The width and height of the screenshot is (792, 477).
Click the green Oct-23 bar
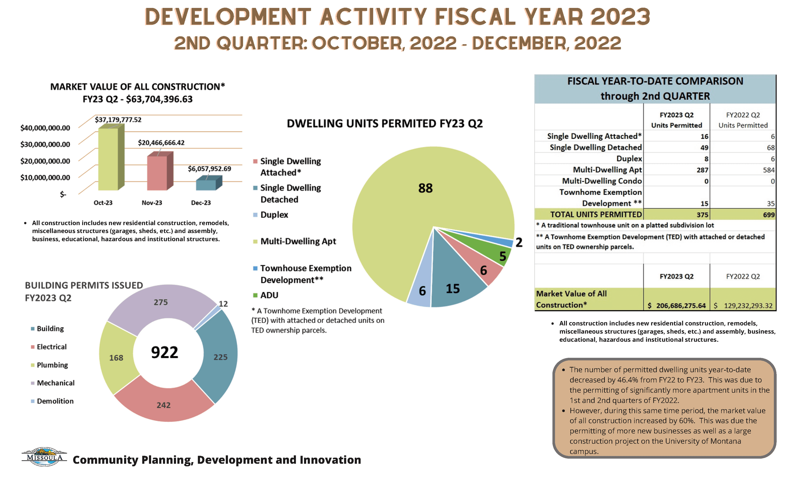[x=108, y=159]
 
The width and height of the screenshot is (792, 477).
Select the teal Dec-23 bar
[x=206, y=185]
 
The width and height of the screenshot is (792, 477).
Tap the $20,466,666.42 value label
[x=161, y=143]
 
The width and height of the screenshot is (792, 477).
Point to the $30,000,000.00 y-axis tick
[x=45, y=144]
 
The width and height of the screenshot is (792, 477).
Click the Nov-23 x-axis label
[x=152, y=203]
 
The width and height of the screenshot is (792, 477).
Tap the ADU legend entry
[x=269, y=295]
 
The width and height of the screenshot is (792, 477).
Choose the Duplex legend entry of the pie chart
[x=274, y=215]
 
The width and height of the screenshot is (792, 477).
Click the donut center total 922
[x=164, y=353]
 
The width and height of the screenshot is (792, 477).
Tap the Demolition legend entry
[x=55, y=401]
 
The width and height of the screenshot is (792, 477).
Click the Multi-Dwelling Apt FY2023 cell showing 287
[x=702, y=170]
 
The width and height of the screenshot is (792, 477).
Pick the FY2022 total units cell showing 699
[x=769, y=215]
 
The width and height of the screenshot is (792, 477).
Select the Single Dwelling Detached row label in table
[x=595, y=147]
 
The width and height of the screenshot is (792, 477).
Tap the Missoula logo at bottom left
[x=44, y=457]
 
